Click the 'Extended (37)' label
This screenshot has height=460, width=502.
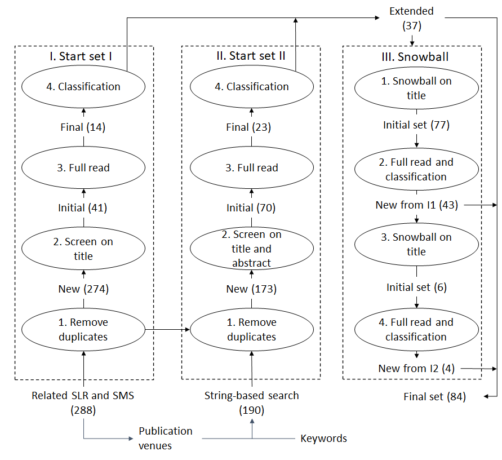click(411, 18)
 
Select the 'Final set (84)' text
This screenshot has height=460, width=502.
click(434, 396)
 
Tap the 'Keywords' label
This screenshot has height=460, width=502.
click(323, 438)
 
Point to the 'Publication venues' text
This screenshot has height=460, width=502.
click(166, 438)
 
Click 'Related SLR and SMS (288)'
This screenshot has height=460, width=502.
click(83, 402)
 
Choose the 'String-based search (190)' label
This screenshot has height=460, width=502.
click(252, 402)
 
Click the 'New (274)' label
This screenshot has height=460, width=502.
click(83, 289)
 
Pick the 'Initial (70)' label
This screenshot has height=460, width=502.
click(251, 208)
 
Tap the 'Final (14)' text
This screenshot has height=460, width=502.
click(83, 127)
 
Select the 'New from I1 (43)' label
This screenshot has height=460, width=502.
click(416, 205)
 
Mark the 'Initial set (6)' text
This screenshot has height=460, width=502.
click(416, 287)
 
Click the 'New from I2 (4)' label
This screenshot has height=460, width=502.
click(416, 368)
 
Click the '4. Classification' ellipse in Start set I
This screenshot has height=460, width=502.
click(83, 86)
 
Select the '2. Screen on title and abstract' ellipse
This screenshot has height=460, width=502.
click(252, 249)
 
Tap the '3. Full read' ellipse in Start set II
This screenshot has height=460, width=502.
click(252, 167)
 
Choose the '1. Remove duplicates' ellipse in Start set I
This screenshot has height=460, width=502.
click(83, 329)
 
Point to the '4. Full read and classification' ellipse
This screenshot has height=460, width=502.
click(416, 330)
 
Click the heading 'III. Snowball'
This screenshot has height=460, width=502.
click(415, 57)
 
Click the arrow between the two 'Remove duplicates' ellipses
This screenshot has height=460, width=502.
click(167, 329)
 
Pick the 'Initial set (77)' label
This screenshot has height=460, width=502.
click(416, 125)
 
